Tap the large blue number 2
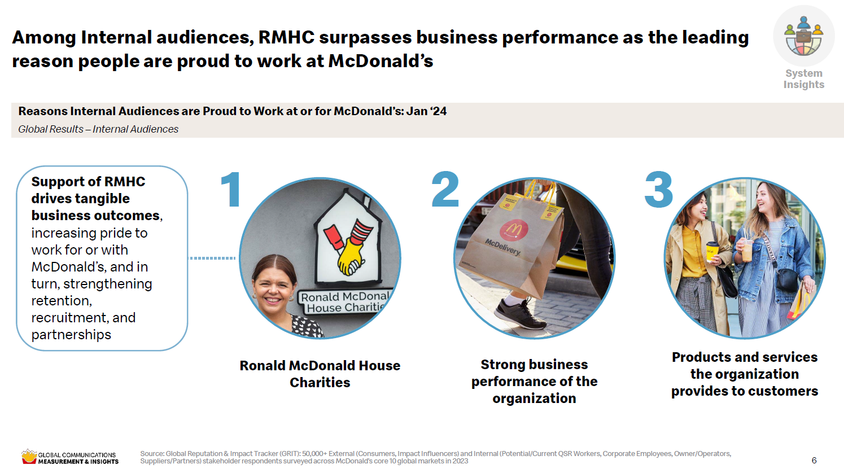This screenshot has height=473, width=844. pyautogui.click(x=445, y=189)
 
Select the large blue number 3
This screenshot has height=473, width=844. pyautogui.click(x=658, y=190)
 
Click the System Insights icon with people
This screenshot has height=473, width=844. pyautogui.click(x=804, y=36)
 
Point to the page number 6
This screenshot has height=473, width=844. pyautogui.click(x=814, y=460)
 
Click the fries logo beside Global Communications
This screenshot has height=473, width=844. pyautogui.click(x=29, y=457)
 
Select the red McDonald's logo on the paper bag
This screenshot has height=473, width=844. pyautogui.click(x=514, y=229)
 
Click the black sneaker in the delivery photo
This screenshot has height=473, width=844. pyautogui.click(x=521, y=314)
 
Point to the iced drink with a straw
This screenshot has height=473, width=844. pyautogui.click(x=747, y=248)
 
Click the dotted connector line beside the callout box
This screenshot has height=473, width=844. pyautogui.click(x=212, y=258)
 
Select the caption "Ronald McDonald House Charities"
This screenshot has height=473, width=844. pyautogui.click(x=320, y=374)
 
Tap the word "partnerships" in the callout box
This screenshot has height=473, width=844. pyautogui.click(x=71, y=335)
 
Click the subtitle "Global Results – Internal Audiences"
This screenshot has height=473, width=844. pyautogui.click(x=98, y=129)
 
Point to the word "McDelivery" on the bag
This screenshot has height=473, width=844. pyautogui.click(x=502, y=247)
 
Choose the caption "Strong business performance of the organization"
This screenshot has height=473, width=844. pyautogui.click(x=534, y=381)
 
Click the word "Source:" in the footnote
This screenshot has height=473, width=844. pyautogui.click(x=152, y=454)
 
